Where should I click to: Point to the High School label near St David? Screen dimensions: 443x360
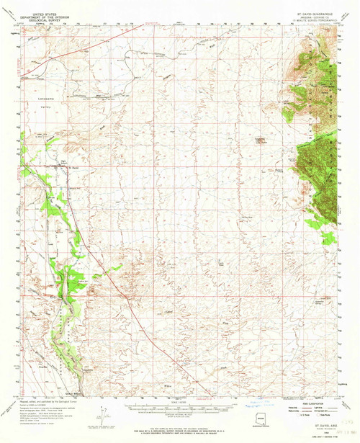click(62, 162)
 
